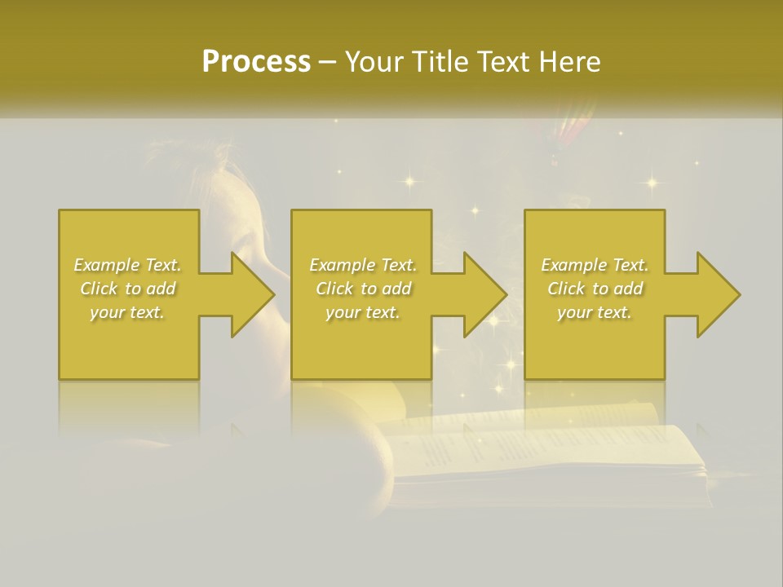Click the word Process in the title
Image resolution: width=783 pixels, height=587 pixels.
256,62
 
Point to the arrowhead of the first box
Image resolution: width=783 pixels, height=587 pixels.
253,294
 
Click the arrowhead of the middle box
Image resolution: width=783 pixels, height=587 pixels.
486,294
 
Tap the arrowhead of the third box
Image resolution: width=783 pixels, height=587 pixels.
719,294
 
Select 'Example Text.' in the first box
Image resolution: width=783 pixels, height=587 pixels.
127,265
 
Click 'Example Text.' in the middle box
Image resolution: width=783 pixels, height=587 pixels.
362,265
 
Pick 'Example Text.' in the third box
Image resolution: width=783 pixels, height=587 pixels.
595,265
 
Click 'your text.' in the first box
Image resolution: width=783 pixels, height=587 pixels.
127,312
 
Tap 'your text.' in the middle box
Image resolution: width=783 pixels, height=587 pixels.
362,312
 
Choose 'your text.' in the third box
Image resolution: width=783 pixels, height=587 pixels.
595,312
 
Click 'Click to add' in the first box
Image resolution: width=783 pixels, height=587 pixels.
127,289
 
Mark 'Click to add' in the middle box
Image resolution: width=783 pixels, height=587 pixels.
362,289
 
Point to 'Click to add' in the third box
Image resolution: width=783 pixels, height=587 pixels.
595,289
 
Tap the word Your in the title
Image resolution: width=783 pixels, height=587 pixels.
374,62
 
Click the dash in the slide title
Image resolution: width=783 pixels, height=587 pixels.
328,62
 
